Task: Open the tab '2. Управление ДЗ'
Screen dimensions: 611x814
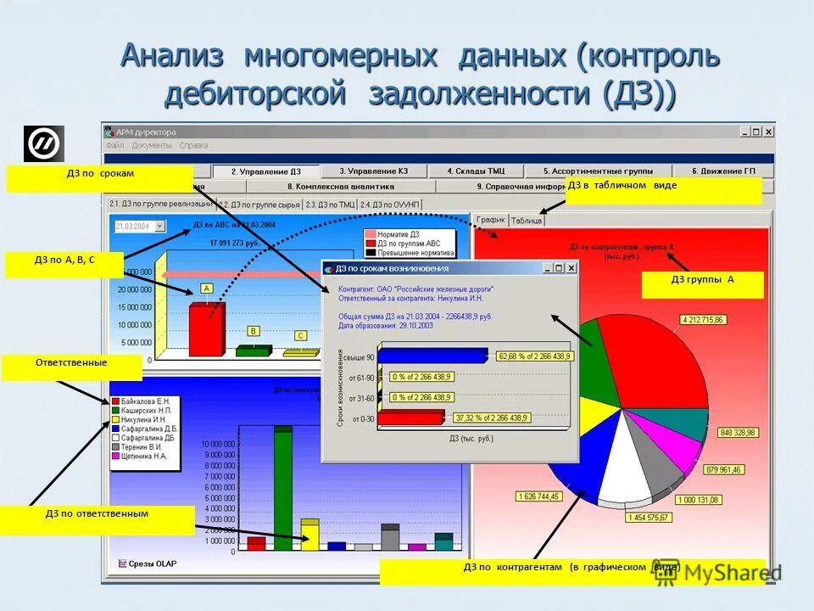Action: coord(265,171)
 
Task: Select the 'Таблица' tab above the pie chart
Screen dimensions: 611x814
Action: coord(527,221)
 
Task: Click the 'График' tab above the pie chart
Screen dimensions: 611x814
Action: coord(490,220)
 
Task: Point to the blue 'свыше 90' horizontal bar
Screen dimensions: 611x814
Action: coord(432,356)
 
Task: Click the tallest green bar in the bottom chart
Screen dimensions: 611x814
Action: coord(282,488)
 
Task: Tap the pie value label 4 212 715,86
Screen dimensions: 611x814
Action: coord(703,320)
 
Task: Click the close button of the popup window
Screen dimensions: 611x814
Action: coord(571,268)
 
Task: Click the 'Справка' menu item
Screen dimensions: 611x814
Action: coord(193,145)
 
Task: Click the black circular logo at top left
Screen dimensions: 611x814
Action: coord(43,143)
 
